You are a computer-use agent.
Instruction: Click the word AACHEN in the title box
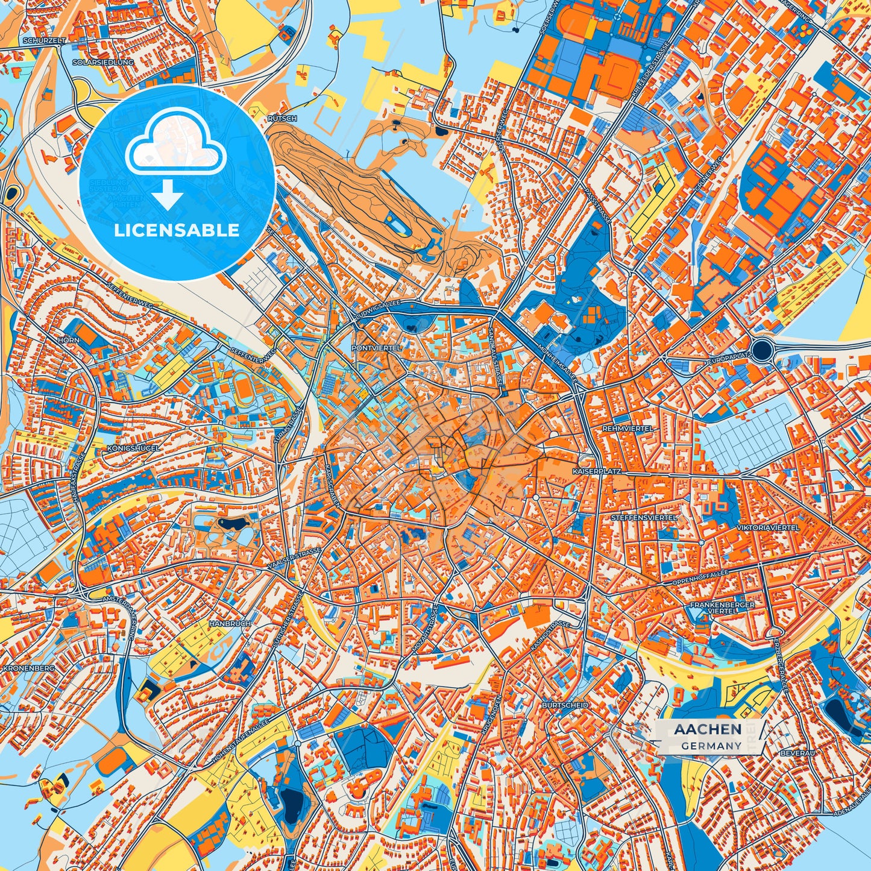pos(708,729)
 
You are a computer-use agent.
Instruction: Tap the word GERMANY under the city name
pos(711,746)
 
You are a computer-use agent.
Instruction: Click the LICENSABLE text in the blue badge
pos(177,230)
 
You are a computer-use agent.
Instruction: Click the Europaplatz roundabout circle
pos(763,350)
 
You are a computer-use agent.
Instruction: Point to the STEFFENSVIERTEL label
pos(644,517)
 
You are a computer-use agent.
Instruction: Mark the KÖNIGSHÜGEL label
pos(133,448)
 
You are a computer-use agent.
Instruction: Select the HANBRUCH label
pos(230,623)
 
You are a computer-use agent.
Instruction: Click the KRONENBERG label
pos(28,668)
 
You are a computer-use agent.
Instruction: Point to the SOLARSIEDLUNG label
pos(94,62)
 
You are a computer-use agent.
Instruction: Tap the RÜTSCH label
pos(282,119)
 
